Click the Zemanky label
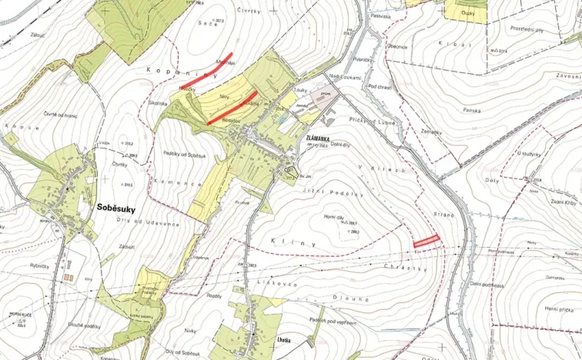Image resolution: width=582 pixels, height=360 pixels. pyautogui.click(x=431, y=132)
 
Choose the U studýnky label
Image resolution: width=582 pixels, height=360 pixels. pyautogui.click(x=528, y=154)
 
